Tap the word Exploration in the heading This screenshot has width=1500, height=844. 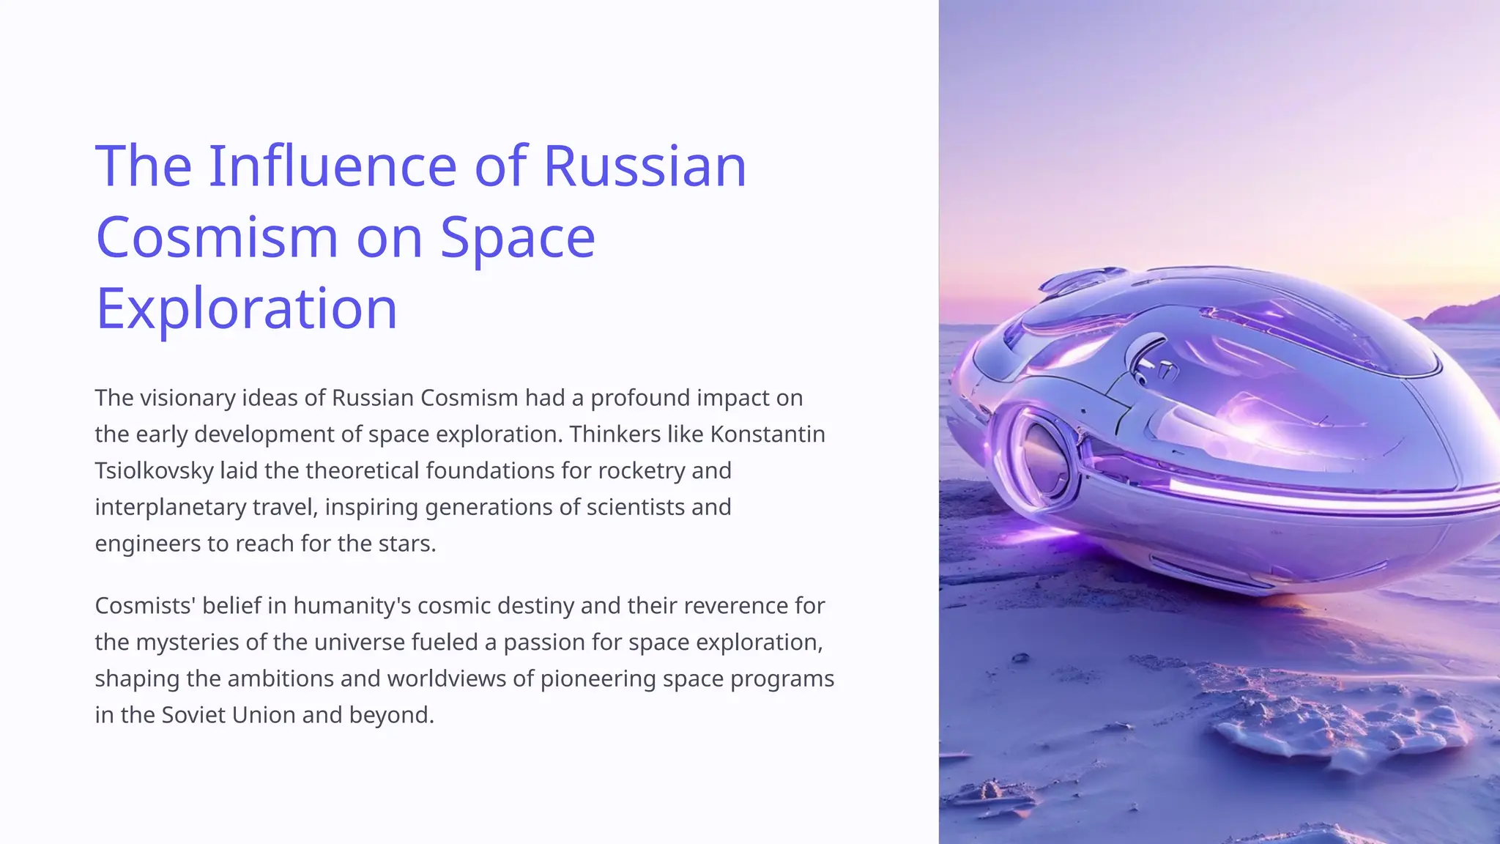pos(246,308)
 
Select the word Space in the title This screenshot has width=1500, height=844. pos(517,237)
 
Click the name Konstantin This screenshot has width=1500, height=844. pos(768,434)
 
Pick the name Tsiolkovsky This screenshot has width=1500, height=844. pos(154,470)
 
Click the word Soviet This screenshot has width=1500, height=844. pos(193,715)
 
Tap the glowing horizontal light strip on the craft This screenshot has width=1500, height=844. pos(1318,494)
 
